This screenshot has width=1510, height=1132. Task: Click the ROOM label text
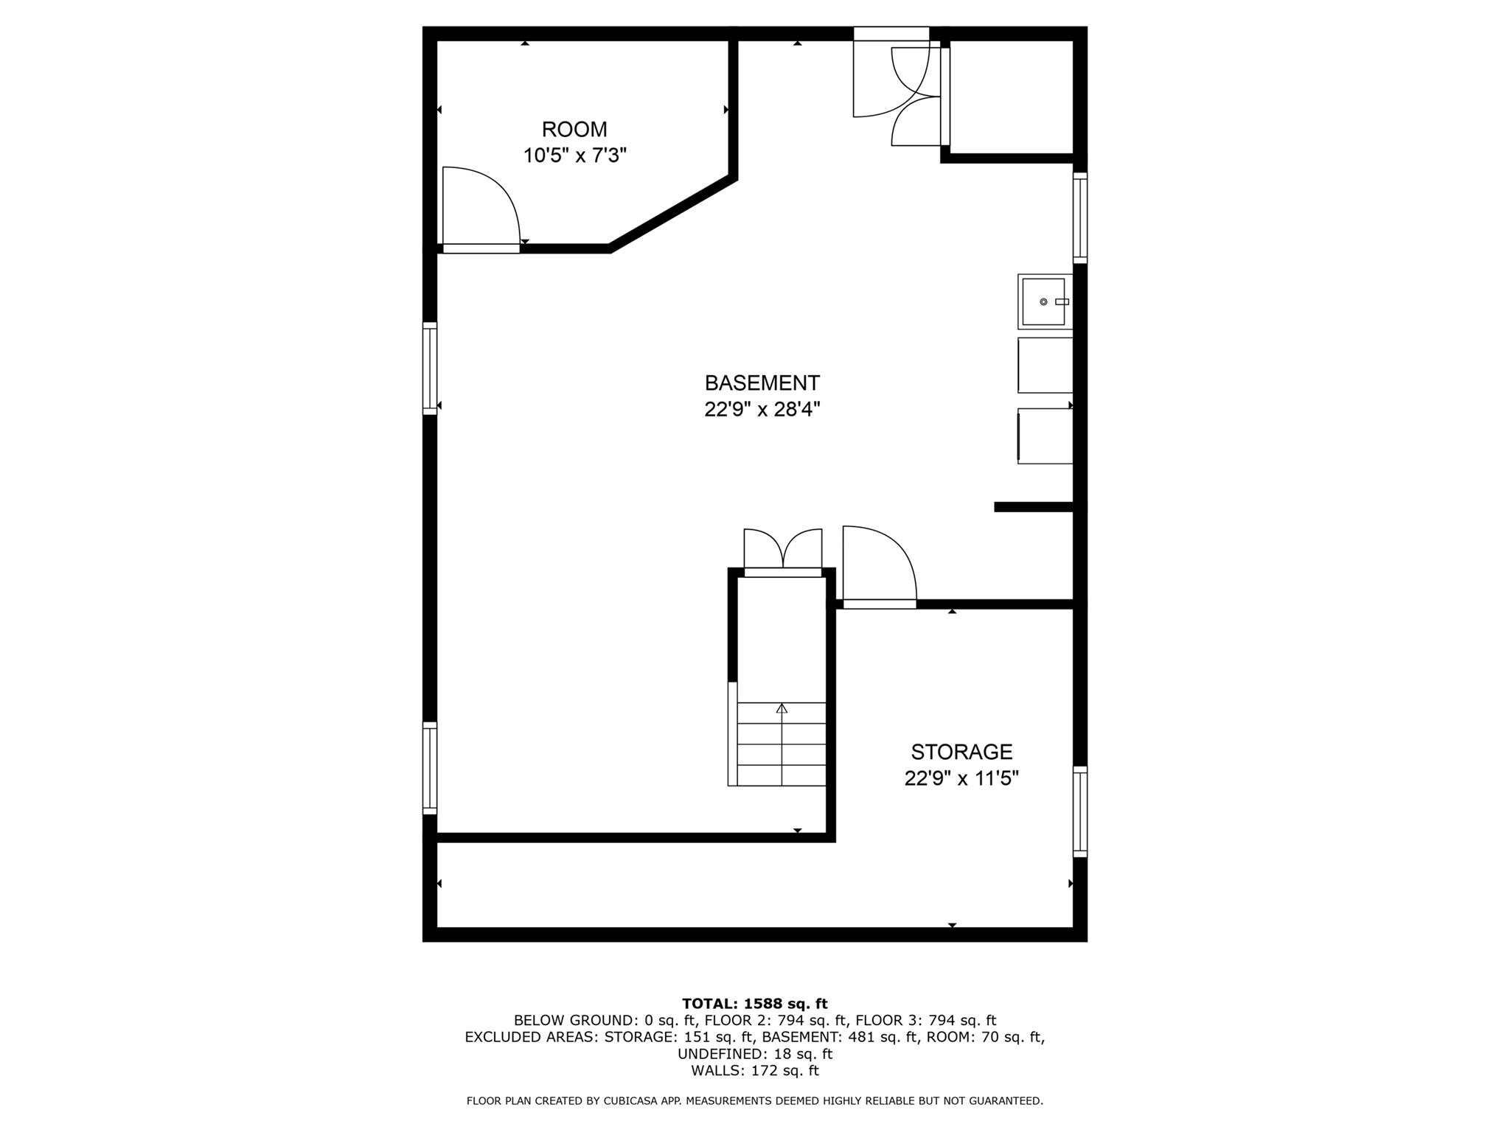pyautogui.click(x=574, y=130)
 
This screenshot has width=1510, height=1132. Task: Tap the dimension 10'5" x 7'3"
pyautogui.click(x=574, y=156)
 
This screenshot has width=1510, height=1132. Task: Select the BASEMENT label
pyautogui.click(x=762, y=383)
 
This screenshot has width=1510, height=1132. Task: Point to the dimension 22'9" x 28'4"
pyautogui.click(x=762, y=409)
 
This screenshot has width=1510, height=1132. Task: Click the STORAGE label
pyautogui.click(x=961, y=752)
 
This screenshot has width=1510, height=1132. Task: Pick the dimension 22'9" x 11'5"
pyautogui.click(x=961, y=778)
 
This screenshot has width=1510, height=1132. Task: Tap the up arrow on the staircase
pyautogui.click(x=782, y=709)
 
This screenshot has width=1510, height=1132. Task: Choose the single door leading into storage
pyautogui.click(x=879, y=566)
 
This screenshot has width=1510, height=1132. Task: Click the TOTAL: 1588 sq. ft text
pyautogui.click(x=754, y=1004)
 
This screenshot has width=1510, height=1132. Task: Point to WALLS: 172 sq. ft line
pyautogui.click(x=754, y=1071)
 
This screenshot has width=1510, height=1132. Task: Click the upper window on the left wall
pyautogui.click(x=430, y=368)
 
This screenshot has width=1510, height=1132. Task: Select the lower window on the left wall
pyautogui.click(x=430, y=768)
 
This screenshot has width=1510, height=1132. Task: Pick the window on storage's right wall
pyautogui.click(x=1079, y=811)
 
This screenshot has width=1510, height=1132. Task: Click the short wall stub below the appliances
pyautogui.click(x=1033, y=506)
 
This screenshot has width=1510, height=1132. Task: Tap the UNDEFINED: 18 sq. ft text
pyautogui.click(x=754, y=1054)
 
